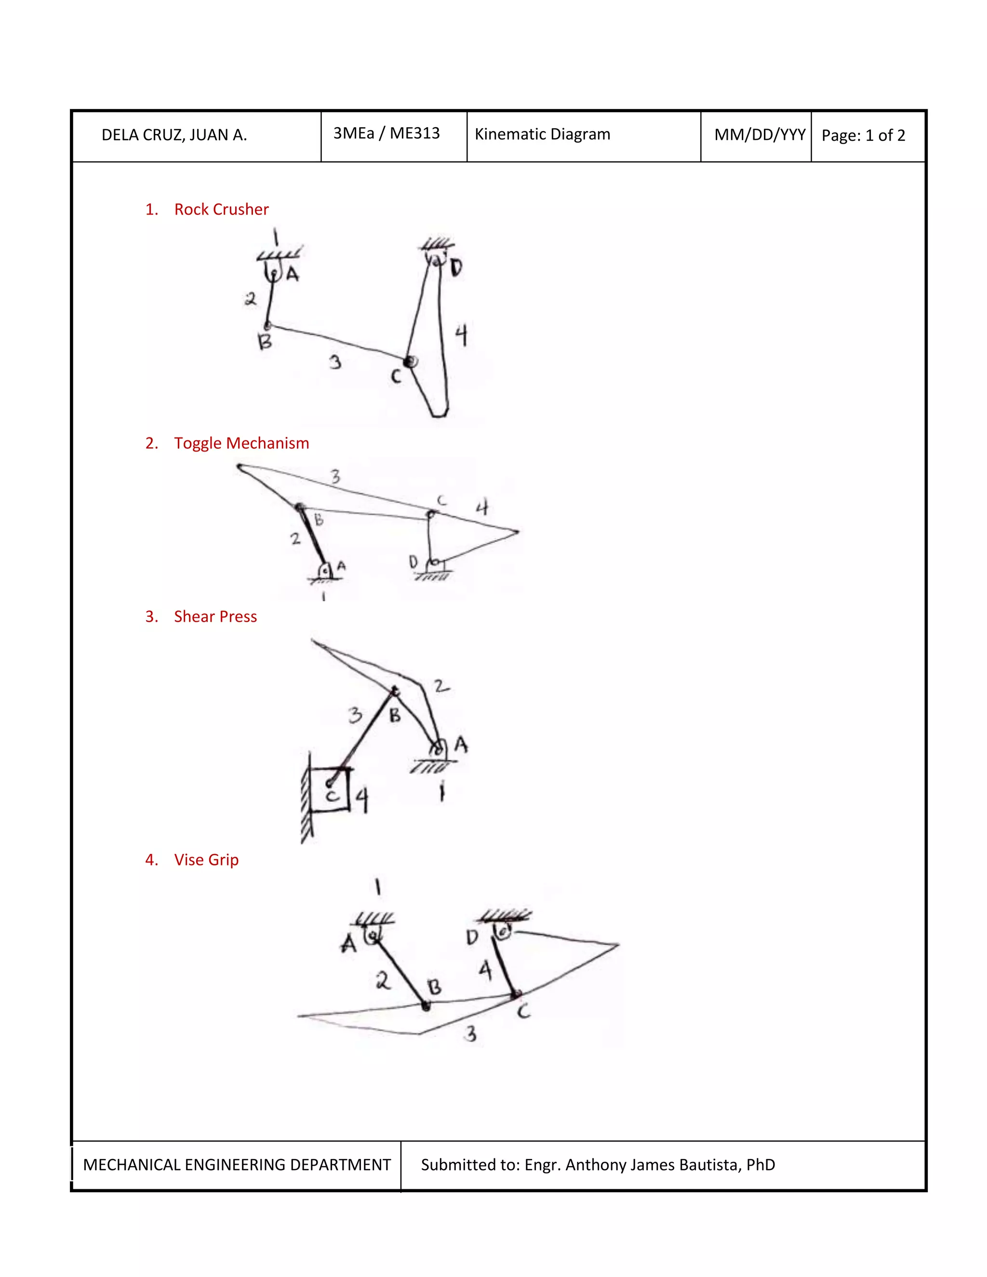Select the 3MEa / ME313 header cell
click(x=387, y=133)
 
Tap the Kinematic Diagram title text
click(x=542, y=134)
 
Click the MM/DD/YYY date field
click(x=760, y=135)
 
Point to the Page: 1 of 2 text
click(x=863, y=136)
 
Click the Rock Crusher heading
click(x=221, y=209)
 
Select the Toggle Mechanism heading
click(x=241, y=443)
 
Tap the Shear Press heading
click(x=215, y=616)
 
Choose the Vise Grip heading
click(x=206, y=860)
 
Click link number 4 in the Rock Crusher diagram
click(x=461, y=335)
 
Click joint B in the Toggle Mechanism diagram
click(x=300, y=507)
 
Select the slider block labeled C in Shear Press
click(x=330, y=789)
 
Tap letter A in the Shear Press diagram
click(x=461, y=745)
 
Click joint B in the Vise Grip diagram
click(x=426, y=1005)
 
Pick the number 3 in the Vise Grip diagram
click(x=470, y=1034)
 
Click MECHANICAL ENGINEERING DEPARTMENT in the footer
click(x=237, y=1165)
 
